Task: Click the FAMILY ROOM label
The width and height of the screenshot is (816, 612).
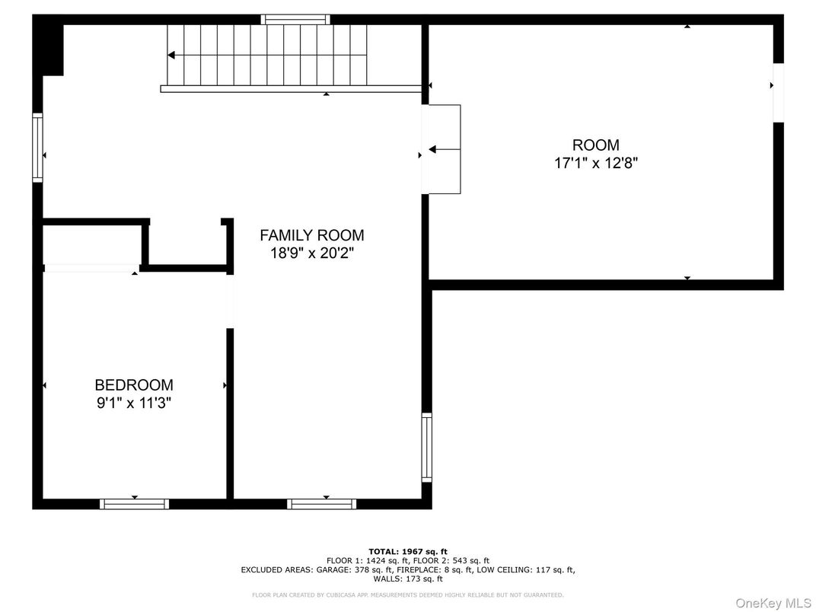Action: (311, 235)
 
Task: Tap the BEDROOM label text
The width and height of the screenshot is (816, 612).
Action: (133, 385)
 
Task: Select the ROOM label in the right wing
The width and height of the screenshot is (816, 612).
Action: (595, 145)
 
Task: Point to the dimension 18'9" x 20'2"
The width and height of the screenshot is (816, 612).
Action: (311, 253)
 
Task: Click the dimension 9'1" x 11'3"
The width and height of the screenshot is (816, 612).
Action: (133, 403)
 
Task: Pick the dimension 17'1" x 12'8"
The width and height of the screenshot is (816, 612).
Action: (595, 163)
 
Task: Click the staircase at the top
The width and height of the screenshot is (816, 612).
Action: (266, 55)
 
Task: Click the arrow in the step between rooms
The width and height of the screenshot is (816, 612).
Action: (434, 150)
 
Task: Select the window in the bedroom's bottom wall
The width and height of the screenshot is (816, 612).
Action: (134, 503)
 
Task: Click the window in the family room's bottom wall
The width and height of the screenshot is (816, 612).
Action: (321, 503)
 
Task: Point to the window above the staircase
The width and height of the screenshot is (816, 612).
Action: (295, 19)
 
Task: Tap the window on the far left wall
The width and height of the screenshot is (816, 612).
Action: (37, 148)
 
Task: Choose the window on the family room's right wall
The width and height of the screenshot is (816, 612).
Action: (426, 447)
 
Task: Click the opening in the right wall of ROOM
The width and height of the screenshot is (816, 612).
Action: (778, 92)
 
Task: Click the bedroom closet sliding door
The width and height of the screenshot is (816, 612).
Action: (90, 268)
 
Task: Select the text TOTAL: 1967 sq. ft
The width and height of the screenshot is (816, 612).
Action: (407, 551)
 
